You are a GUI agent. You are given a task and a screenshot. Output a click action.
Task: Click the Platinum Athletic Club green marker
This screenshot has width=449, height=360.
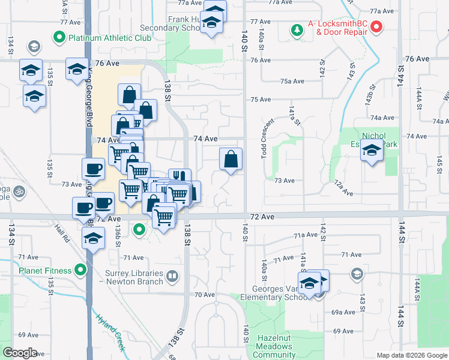[59, 38]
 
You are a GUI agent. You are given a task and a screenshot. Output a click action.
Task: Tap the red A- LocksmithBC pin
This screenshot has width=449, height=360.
[376, 26]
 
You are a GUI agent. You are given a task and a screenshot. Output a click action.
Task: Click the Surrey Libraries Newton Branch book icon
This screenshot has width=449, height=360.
[172, 277]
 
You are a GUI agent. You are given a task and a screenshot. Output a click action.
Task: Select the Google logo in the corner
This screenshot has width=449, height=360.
[20, 353]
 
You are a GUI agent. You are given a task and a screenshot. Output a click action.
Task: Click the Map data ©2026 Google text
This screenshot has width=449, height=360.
[411, 355]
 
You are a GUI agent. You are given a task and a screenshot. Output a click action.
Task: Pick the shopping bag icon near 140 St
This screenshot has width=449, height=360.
[231, 159]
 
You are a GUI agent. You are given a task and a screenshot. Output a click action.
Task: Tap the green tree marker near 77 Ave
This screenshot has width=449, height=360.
[297, 29]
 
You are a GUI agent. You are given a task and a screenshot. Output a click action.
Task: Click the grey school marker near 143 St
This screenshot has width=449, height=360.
[357, 274]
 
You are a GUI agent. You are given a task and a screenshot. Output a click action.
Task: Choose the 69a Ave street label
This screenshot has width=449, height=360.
[343, 312]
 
